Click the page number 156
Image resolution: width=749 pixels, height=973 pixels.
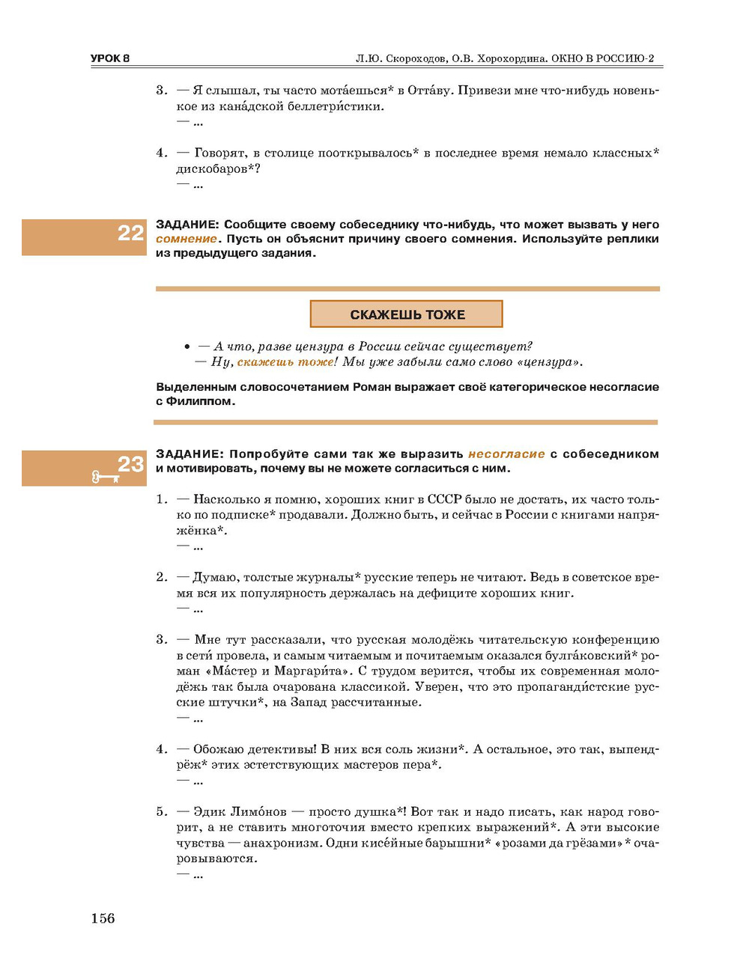103,918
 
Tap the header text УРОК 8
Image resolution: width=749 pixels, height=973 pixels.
110,58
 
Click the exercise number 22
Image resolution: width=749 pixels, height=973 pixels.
130,233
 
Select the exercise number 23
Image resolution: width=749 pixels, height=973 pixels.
130,464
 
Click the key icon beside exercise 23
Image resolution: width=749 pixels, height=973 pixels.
105,477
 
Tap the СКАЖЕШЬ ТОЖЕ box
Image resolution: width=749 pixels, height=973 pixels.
407,314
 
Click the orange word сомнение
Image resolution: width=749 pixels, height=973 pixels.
187,239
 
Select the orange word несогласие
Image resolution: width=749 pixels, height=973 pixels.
506,454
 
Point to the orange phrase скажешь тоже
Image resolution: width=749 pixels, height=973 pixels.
285,362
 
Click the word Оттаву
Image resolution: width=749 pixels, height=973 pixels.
429,91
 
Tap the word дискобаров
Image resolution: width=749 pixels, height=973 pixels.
212,169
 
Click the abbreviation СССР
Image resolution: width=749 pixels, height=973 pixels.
444,499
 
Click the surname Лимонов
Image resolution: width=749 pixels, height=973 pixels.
258,811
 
